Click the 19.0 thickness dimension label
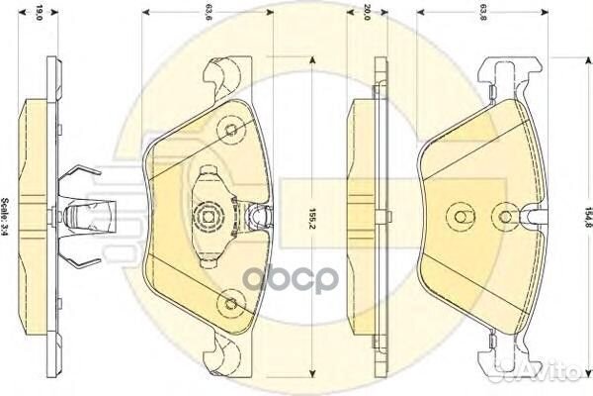[39, 14]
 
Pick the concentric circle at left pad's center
[209, 213]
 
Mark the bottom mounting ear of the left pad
[223, 351]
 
